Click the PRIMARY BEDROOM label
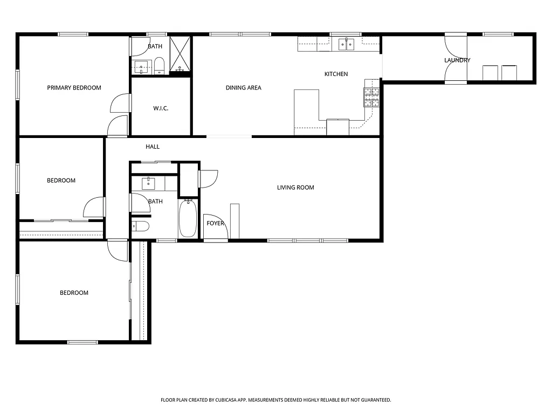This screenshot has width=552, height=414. tap(74, 88)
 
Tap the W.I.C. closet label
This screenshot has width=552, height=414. tap(161, 108)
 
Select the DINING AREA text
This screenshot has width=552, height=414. tap(243, 88)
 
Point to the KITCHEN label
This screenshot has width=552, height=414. tap(336, 74)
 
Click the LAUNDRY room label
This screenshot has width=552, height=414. tap(457, 60)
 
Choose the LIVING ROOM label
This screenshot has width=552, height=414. tap(295, 188)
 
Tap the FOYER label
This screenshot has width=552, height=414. tap(215, 223)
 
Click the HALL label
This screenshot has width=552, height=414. tap(153, 147)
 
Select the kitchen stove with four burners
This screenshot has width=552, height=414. tap(371, 96)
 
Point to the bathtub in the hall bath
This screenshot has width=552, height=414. tap(188, 218)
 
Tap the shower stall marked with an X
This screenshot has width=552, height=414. tap(181, 54)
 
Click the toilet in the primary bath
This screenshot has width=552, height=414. tap(159, 67)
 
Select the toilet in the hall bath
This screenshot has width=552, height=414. tap(140, 226)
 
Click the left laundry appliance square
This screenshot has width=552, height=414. tap(490, 72)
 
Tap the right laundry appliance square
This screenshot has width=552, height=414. tap(509, 72)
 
